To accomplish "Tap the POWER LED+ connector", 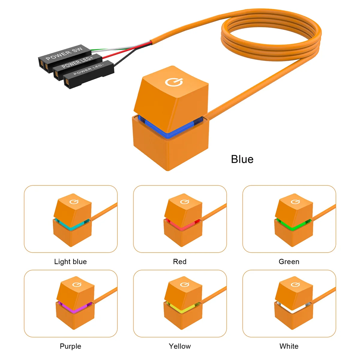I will point(76,63).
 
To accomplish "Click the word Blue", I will point(242,159).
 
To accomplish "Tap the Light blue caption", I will point(70,262).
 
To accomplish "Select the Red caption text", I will point(180,262).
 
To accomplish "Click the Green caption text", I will point(289,262).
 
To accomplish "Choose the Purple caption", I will point(70,346).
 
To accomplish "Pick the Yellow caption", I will point(180,346).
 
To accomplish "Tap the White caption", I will point(289,346).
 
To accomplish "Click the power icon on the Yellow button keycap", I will point(184,284).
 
